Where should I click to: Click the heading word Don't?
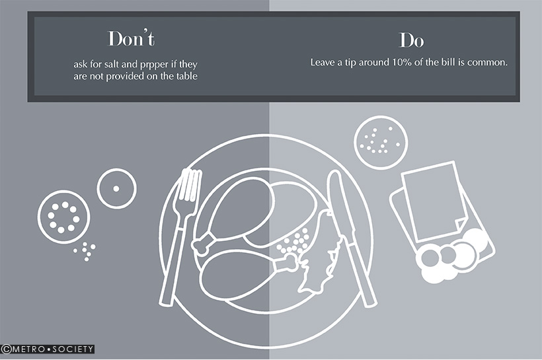coord(132,39)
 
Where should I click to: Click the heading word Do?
coord(411,40)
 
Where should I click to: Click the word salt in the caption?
coord(111,64)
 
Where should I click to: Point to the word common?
coord(492,63)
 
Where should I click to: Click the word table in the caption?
coord(187,76)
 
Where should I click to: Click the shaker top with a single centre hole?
coord(116,188)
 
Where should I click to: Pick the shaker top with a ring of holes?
coord(63,217)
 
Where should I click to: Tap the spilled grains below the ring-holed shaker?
coord(85,251)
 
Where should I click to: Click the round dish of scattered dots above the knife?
coord(381,142)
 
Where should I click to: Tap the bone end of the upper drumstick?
coord(202,244)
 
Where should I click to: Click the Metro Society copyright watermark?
coord(48,349)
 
